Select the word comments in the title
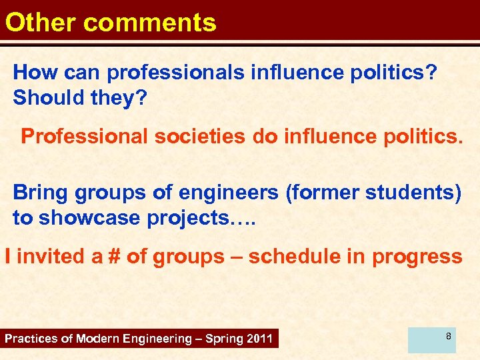click(x=150, y=22)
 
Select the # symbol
click(x=116, y=256)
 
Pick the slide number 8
click(x=449, y=336)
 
